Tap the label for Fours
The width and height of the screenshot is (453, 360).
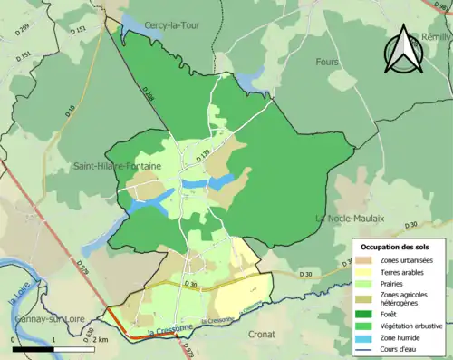(328, 62)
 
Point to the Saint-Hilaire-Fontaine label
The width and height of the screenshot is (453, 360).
(116, 166)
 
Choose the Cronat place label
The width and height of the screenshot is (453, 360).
(262, 334)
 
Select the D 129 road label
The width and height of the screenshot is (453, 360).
(204, 157)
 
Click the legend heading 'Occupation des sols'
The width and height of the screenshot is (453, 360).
(396, 247)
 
